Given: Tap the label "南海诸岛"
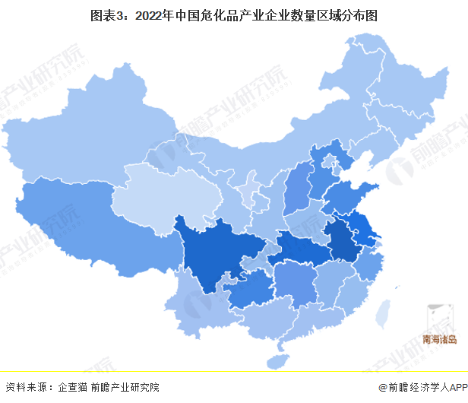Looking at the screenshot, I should (x=441, y=341).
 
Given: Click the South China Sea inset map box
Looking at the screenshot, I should (x=441, y=323).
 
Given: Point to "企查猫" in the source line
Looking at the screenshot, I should (x=72, y=387).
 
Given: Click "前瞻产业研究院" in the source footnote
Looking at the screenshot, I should (x=126, y=387).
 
